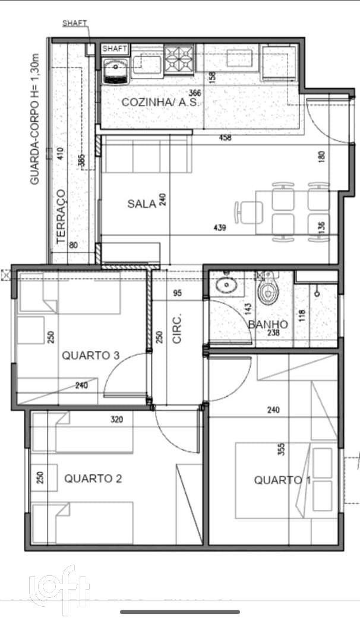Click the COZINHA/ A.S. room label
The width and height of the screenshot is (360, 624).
point(161,102)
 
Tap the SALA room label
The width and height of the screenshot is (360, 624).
point(141,204)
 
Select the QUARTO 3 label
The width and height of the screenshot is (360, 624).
point(91,356)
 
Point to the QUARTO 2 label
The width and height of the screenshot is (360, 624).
point(93,478)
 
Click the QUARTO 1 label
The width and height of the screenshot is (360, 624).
point(282,480)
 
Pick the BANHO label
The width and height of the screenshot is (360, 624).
point(268,325)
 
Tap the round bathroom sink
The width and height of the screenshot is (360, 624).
point(227,286)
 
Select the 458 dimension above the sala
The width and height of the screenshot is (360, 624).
point(225,138)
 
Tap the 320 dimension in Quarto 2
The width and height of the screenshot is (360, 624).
point(116,419)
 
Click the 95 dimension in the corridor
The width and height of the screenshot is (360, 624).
point(177,293)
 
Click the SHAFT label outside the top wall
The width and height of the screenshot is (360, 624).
point(75,23)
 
